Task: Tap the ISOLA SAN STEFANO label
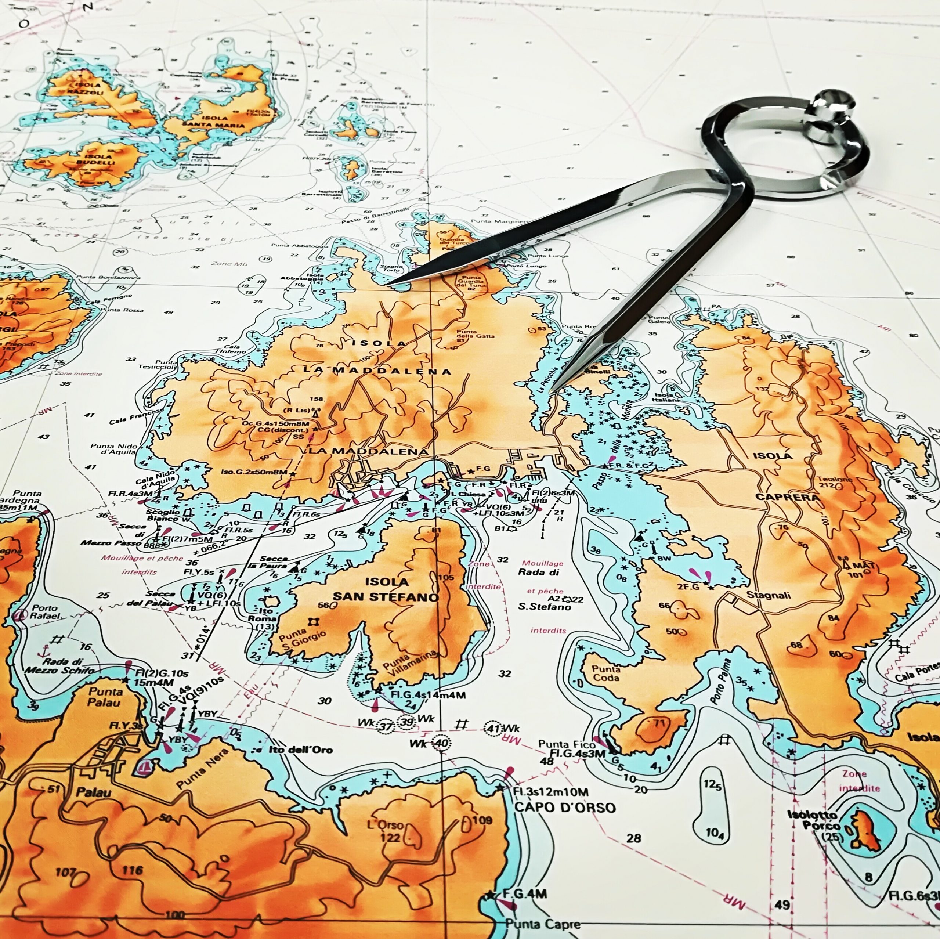click(387, 589)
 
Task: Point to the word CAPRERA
click(787, 497)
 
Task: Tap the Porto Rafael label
click(44, 611)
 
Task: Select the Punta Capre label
click(542, 924)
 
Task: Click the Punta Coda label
click(606, 673)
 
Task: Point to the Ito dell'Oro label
click(300, 750)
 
